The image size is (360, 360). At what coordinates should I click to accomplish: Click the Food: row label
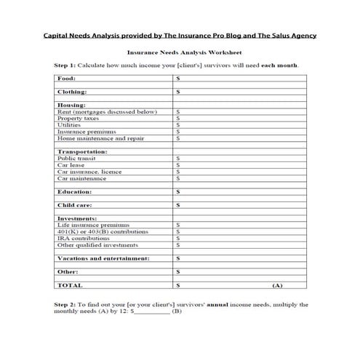pos(65,77)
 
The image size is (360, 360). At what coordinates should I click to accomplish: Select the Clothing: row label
pos(72,92)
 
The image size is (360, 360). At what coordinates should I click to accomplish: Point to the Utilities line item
pos(70,124)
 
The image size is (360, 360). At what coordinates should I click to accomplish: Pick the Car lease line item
pos(71,164)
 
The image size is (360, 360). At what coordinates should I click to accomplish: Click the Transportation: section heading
pos(82,151)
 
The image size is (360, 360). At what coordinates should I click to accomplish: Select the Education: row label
pos(74,191)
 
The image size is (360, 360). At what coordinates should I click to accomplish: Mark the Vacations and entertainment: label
pos(103,258)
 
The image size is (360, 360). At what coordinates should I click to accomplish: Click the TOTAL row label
pos(70,285)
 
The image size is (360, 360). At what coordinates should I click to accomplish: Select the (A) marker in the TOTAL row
pos(277,285)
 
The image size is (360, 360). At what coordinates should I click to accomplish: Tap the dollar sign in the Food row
pos(178,77)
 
